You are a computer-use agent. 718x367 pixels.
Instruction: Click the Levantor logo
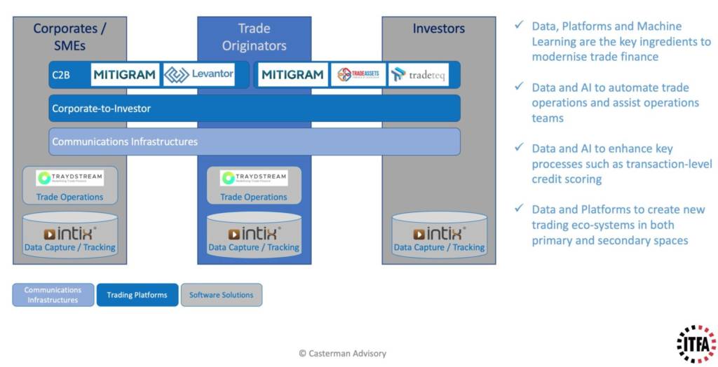[199, 74]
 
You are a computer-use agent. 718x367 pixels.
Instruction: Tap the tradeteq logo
[419, 74]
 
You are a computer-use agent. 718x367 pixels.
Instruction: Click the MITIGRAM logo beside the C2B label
[124, 74]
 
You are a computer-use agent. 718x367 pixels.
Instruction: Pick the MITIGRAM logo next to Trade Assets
[292, 74]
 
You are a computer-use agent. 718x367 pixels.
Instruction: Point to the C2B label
[61, 75]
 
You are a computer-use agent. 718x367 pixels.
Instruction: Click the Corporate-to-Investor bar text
[101, 109]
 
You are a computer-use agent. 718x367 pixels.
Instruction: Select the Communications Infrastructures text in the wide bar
[125, 141]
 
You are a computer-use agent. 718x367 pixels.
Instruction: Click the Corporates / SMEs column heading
[69, 36]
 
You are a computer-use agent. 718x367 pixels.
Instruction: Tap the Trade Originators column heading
[254, 36]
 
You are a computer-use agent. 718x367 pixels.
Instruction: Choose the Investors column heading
[438, 29]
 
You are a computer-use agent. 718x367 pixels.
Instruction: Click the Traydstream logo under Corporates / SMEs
[69, 178]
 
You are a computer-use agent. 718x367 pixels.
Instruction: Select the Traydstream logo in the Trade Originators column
[254, 178]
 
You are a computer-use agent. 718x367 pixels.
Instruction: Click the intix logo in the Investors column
[438, 233]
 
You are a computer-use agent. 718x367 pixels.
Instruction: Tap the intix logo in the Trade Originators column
[254, 233]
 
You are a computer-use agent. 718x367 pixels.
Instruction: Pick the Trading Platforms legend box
[137, 295]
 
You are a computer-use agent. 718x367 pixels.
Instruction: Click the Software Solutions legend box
[222, 295]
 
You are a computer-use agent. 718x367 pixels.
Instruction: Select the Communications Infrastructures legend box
[53, 295]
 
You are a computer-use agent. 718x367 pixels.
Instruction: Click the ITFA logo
[696, 344]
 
